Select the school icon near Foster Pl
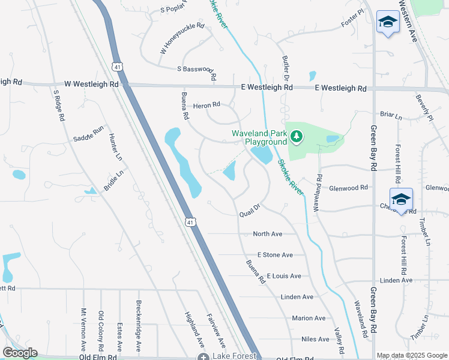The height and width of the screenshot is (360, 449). pyautogui.click(x=388, y=23)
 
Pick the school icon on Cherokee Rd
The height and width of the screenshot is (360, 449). pyautogui.click(x=401, y=199)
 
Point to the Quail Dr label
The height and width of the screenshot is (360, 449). pyautogui.click(x=249, y=211)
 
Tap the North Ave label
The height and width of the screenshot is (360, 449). pyautogui.click(x=267, y=234)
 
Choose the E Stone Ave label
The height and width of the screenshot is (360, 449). pyautogui.click(x=274, y=255)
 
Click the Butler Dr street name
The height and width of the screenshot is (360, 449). pyautogui.click(x=286, y=69)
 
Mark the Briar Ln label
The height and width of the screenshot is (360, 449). pyautogui.click(x=391, y=114)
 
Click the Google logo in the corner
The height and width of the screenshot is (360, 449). pyautogui.click(x=20, y=353)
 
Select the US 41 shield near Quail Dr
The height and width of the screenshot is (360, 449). pyautogui.click(x=190, y=222)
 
